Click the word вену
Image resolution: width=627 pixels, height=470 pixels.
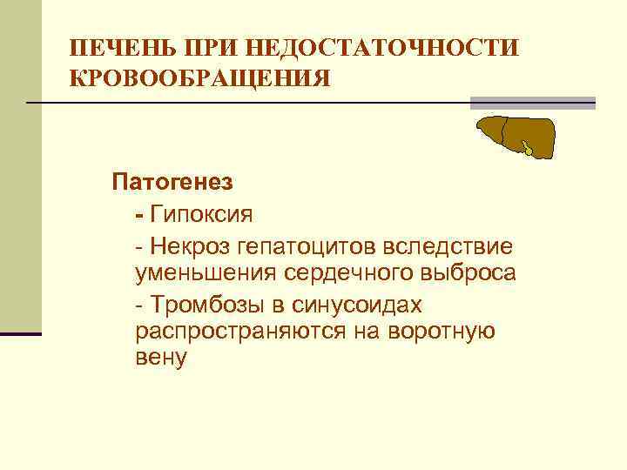(161, 359)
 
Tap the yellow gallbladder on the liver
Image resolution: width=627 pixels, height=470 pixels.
(528, 149)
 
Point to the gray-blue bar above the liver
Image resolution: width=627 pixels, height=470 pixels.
(533, 104)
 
